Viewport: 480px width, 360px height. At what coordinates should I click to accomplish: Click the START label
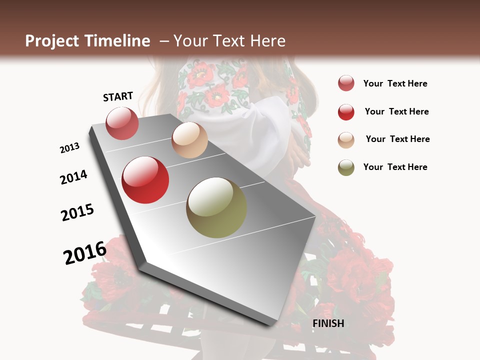[x=118, y=96]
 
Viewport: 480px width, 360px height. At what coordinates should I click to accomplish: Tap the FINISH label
[x=328, y=323]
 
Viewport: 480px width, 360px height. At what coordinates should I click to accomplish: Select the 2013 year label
[x=70, y=148]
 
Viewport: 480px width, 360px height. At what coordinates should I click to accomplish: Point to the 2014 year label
[x=73, y=177]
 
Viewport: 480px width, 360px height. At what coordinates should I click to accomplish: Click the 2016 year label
[x=85, y=252]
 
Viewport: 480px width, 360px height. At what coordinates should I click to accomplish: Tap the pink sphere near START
[x=122, y=123]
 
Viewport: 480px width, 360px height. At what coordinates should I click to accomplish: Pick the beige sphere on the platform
[x=189, y=140]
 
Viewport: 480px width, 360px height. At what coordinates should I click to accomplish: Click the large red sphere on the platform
[x=145, y=180]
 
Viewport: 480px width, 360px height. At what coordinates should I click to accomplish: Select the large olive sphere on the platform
[x=216, y=207]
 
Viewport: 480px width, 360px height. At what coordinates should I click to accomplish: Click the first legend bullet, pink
[x=346, y=83]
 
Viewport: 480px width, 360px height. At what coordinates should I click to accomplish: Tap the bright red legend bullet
[x=346, y=111]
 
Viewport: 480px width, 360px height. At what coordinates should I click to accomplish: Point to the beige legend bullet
[x=346, y=139]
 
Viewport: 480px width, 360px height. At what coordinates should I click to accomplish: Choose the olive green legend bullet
[x=346, y=167]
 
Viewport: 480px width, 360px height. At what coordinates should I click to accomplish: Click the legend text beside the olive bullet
[x=395, y=167]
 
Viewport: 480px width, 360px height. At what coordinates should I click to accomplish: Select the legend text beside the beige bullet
[x=397, y=139]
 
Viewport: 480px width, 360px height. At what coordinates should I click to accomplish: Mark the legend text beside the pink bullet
[x=395, y=83]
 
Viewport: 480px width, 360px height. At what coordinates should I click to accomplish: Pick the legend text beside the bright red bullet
[x=396, y=111]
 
